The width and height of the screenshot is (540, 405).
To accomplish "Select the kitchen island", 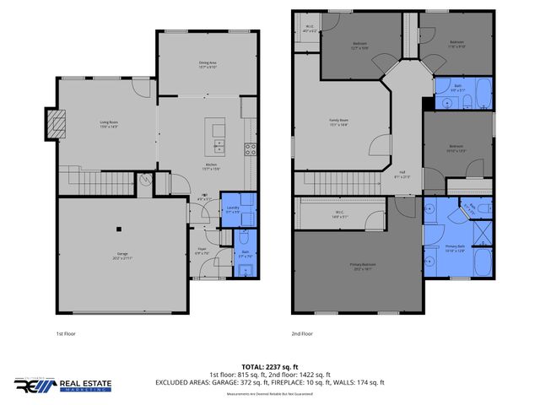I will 219,131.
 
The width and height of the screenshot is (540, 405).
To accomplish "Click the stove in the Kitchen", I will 251,149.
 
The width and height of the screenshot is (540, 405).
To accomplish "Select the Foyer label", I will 202,250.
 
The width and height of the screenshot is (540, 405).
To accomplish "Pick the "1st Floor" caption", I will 67,333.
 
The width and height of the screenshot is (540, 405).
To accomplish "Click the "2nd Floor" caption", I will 303,333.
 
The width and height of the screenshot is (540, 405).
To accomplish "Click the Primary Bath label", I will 455,247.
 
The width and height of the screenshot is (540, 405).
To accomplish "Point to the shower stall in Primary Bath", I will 482,227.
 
